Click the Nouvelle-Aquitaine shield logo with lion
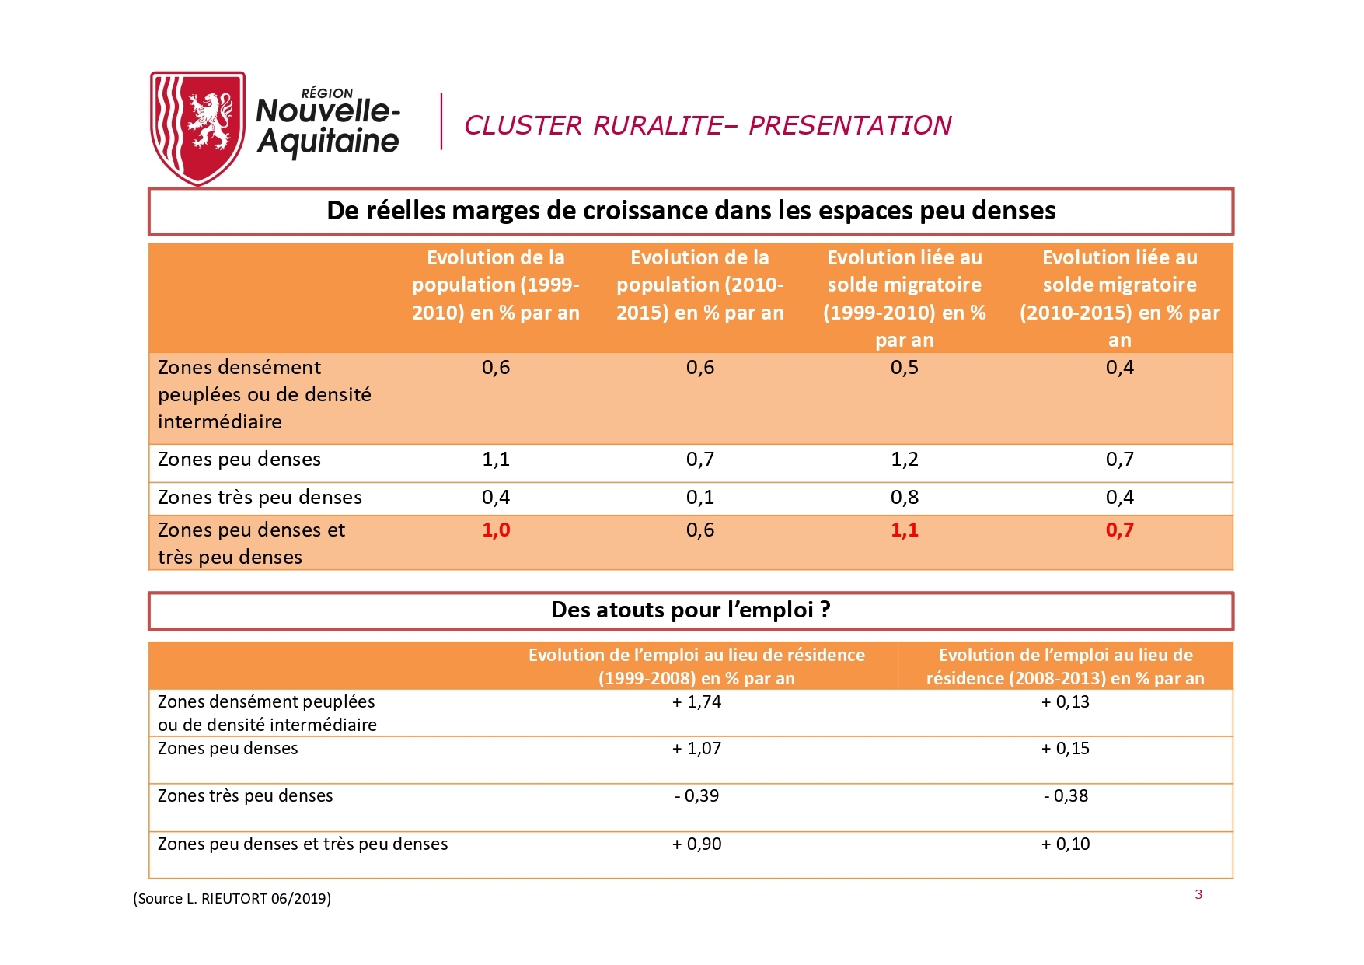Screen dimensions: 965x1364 197,127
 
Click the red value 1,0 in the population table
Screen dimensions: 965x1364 496,530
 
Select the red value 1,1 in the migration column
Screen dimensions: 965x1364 904,530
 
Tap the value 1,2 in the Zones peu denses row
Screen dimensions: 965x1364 904,460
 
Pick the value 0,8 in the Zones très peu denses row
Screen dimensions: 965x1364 904,498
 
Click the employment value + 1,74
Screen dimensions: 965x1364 696,702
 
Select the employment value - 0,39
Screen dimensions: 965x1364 696,796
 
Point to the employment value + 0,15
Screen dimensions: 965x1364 1065,749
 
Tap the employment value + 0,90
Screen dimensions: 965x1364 696,844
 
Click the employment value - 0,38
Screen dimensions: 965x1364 1065,796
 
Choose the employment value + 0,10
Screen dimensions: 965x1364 1065,844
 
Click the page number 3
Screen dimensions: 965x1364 1198,894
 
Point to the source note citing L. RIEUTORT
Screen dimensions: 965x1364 232,899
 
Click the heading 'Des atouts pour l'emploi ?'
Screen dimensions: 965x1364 690,610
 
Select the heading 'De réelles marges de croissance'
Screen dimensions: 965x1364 690,211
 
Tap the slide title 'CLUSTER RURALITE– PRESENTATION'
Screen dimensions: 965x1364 707,125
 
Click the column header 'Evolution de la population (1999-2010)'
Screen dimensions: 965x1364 496,285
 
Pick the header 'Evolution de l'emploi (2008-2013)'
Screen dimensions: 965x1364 1065,666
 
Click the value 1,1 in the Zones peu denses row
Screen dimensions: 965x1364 496,460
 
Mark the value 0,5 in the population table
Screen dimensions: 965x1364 904,368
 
